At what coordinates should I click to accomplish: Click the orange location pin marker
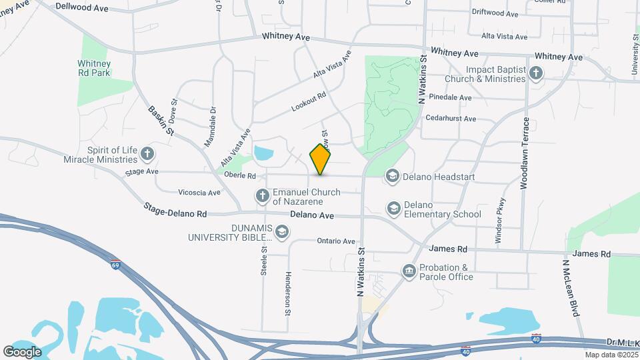coord(321,159)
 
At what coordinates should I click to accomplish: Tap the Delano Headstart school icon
coord(393,176)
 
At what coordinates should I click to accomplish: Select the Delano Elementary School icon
coord(393,209)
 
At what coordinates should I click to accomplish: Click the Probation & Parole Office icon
coord(408,271)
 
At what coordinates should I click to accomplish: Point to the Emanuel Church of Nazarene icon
coord(263,196)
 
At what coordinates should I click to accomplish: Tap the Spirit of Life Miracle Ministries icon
coord(147,155)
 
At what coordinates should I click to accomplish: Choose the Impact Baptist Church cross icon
coord(536,73)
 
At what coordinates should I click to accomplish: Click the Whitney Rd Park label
coord(94,68)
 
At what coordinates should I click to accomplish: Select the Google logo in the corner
coord(22,351)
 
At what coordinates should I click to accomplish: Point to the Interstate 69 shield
coord(116,264)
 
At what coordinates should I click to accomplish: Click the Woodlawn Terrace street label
coord(525,154)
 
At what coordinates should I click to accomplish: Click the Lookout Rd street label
coord(309,101)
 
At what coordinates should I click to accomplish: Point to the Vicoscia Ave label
coord(199,193)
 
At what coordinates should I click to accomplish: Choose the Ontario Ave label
coord(337,241)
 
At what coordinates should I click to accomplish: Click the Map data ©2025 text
coord(611,355)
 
